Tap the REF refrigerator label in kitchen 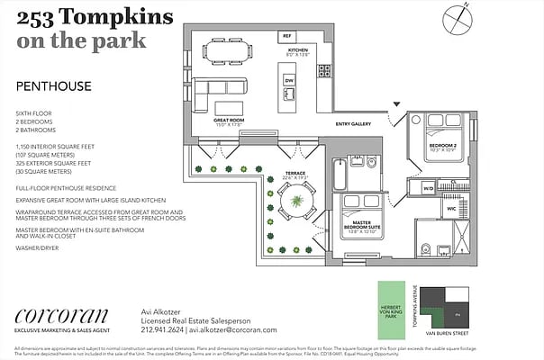coord(287,36)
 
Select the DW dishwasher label coord(289,81)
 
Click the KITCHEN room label coord(298,49)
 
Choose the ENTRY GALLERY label coord(354,123)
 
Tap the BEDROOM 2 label coord(440,146)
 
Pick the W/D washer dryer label coord(428,189)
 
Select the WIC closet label coord(451,208)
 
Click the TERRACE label coord(296,173)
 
